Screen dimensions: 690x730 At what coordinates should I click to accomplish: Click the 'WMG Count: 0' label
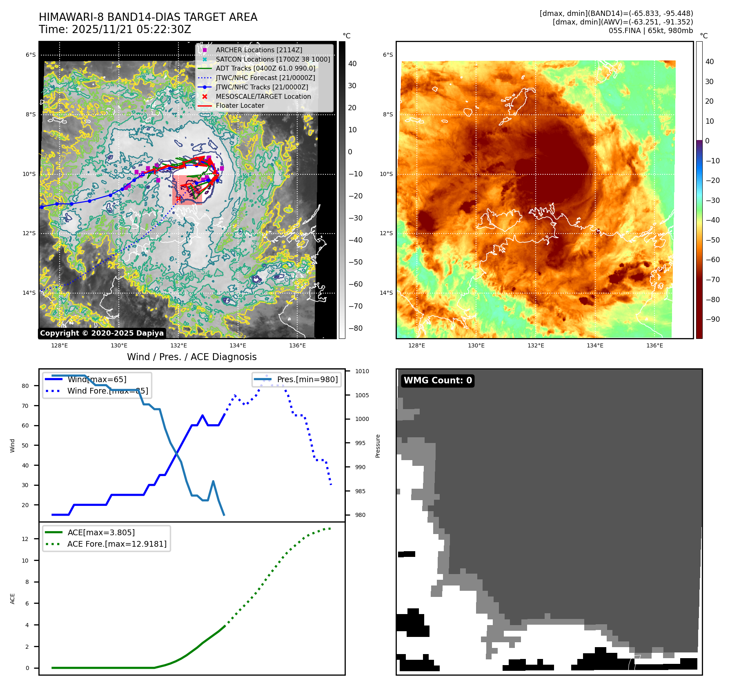coord(438,381)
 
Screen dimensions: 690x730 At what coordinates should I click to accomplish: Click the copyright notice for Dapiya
coord(102,333)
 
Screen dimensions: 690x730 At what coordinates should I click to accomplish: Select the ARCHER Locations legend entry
coord(259,50)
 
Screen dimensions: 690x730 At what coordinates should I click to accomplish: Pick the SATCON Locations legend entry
coord(273,59)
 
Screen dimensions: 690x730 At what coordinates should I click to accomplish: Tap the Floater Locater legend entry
coord(240,105)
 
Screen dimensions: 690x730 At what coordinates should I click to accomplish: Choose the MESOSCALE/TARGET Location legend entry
coord(263,96)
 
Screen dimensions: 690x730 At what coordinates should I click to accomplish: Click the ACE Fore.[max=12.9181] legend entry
coord(117,544)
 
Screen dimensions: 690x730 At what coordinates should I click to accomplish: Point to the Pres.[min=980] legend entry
coord(307,379)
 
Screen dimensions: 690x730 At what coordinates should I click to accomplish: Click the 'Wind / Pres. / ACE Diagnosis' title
coord(192,357)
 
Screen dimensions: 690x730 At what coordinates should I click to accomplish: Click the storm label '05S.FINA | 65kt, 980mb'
coord(651,31)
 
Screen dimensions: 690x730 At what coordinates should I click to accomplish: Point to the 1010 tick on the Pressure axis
coord(362,371)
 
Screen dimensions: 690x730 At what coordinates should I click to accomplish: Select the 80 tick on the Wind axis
coord(25,386)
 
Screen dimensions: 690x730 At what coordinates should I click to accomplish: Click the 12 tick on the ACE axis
coord(25,539)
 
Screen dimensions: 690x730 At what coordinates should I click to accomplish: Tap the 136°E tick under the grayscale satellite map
coord(297,345)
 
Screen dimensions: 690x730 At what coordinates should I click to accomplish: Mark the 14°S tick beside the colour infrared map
coord(386,293)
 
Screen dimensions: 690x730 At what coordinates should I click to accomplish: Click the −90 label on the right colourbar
coord(713,319)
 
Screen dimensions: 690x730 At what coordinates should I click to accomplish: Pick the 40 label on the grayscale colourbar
coord(352,64)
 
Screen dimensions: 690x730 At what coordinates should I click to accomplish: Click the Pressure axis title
coord(378,446)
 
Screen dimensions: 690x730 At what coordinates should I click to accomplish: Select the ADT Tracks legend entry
coord(265,68)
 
